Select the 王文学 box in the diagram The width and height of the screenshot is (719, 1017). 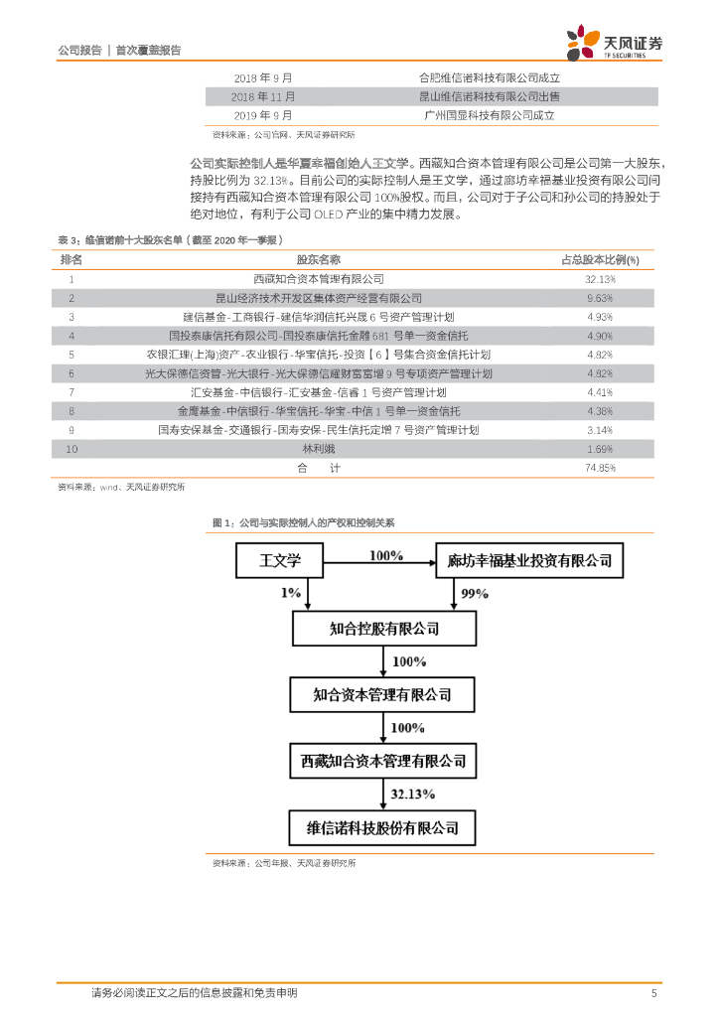click(279, 560)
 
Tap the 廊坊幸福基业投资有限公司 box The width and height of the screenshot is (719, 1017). click(529, 560)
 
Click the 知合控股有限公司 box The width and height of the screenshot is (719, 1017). click(382, 628)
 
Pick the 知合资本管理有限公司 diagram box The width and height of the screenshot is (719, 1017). click(382, 694)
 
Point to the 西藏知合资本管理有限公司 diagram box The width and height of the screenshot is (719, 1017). click(382, 761)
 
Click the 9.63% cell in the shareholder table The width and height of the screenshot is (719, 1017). click(600, 298)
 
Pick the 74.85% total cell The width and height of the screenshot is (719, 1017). click(600, 467)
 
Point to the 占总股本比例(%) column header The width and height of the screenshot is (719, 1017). click(600, 259)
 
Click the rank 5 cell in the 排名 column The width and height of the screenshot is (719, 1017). click(72, 354)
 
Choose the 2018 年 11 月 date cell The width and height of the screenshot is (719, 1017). click(263, 96)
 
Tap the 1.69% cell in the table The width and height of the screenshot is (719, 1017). click(600, 448)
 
